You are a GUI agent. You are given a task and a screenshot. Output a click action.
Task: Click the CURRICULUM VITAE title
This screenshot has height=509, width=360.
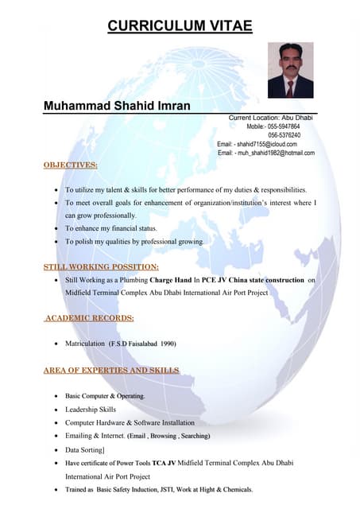(x=180, y=26)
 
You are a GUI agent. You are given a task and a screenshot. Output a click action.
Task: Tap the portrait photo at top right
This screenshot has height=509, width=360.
(x=290, y=70)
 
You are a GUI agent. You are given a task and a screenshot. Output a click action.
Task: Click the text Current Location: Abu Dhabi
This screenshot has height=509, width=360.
(x=271, y=118)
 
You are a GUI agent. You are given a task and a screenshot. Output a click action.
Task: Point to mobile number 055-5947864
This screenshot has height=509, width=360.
(x=284, y=126)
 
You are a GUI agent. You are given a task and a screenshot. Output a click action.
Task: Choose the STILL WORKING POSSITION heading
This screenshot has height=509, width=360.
(x=101, y=267)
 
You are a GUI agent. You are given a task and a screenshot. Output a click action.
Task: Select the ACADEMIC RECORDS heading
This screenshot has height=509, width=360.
(x=89, y=318)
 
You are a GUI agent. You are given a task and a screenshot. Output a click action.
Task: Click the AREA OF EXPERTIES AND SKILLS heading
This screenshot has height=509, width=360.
(x=110, y=370)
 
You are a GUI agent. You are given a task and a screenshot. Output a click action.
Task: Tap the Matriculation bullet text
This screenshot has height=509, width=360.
(x=120, y=344)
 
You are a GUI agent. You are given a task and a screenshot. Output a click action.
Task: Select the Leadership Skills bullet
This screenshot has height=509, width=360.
(x=91, y=409)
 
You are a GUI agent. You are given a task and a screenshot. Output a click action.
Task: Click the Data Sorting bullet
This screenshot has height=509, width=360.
(x=85, y=449)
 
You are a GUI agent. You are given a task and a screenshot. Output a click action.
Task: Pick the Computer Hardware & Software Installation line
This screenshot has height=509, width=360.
(x=130, y=422)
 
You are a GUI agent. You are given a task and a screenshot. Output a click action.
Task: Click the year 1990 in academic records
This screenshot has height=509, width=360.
(x=166, y=344)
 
